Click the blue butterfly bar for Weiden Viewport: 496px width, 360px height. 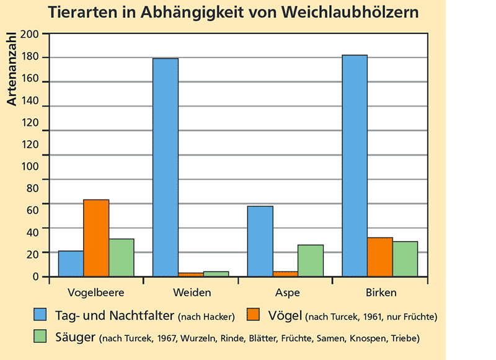166,167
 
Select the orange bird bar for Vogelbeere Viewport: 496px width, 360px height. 96,238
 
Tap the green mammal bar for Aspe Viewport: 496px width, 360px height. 311,260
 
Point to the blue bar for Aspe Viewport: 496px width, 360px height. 260,241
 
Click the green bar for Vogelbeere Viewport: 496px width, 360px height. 122,257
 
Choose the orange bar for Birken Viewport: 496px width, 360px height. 380,257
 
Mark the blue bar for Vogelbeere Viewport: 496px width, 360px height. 71,263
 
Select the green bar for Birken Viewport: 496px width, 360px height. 405,258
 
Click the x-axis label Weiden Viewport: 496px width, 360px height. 192,292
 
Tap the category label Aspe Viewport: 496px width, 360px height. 286,292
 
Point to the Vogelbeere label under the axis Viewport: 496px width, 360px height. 96,292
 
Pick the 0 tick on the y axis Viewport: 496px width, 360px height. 36,277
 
